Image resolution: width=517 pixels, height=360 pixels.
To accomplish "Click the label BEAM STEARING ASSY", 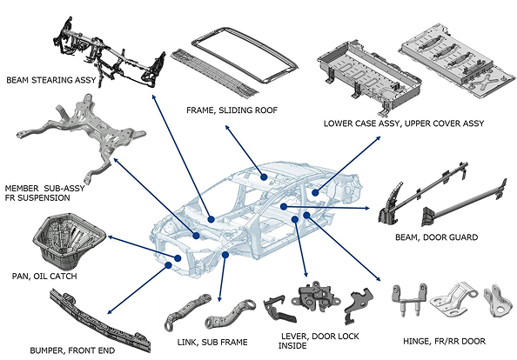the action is [x=51, y=80].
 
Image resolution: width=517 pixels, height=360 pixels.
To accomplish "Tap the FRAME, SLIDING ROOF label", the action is [x=232, y=110].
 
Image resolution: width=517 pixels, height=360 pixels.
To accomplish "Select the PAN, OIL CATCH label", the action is [x=44, y=276].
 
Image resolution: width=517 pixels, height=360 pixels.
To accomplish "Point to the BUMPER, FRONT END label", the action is [x=72, y=350].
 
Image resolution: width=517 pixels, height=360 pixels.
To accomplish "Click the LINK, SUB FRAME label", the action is [x=212, y=343].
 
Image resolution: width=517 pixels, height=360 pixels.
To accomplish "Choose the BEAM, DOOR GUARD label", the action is [x=437, y=237].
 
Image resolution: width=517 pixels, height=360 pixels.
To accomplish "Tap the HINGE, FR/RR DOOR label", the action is [x=444, y=341].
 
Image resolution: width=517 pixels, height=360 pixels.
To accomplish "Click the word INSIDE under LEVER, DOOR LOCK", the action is [x=292, y=345].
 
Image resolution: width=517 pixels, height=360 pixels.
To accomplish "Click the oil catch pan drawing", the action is [x=69, y=241].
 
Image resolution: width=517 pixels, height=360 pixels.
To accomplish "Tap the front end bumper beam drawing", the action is [x=100, y=320].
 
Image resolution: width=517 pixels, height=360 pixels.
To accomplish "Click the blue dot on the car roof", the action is [x=264, y=177].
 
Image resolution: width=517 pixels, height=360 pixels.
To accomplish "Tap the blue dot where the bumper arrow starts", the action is [x=169, y=265].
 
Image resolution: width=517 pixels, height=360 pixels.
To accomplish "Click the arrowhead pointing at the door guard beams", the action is [x=367, y=208].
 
